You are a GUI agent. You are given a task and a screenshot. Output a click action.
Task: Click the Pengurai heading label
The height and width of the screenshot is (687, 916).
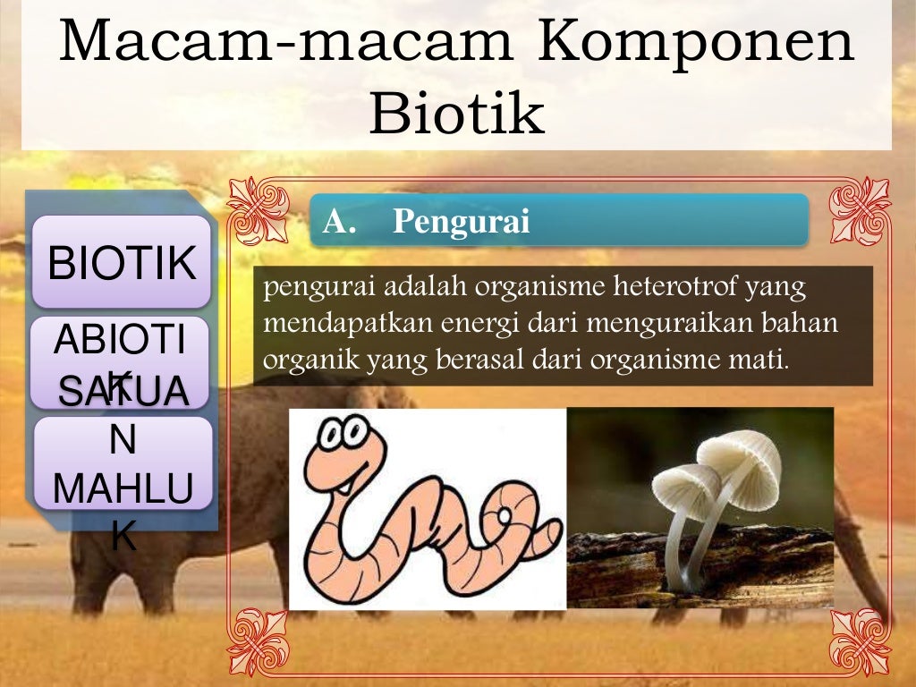point(462,221)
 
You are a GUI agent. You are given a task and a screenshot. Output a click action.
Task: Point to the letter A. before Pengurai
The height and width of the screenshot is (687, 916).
point(340,221)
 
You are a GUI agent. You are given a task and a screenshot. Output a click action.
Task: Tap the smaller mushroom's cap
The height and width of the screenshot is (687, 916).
point(685,483)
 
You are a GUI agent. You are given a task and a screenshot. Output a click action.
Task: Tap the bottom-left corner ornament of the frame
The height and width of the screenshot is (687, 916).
point(258,640)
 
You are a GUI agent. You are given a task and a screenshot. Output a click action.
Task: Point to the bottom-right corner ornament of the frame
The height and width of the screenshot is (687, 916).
point(861,640)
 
